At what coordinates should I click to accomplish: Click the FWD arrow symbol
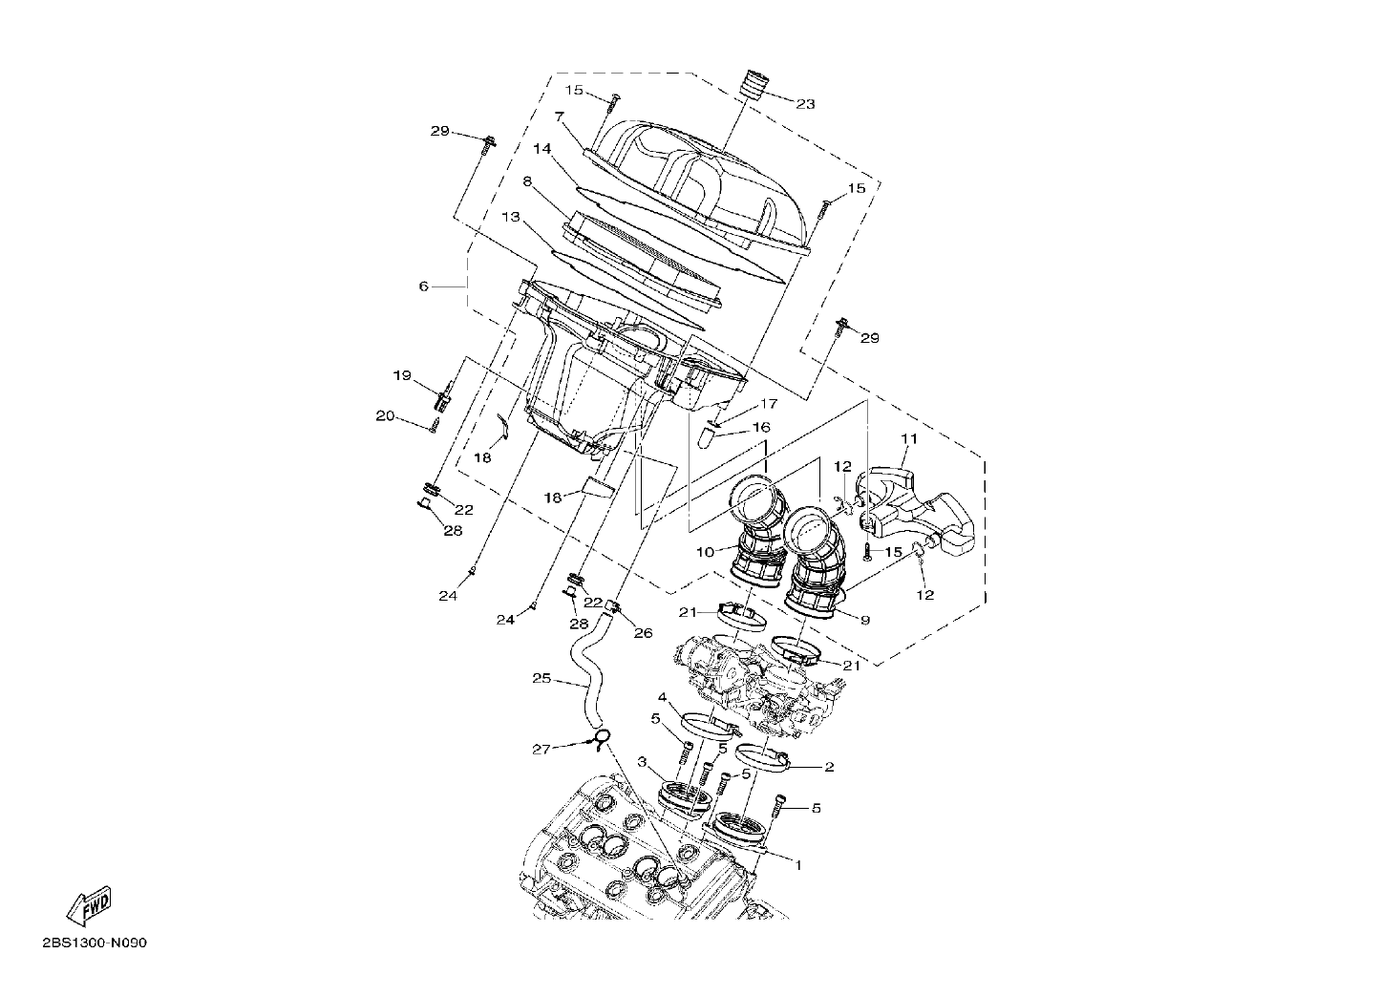90,905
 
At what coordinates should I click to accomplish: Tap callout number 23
805,104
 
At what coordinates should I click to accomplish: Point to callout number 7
560,116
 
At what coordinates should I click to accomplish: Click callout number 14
542,148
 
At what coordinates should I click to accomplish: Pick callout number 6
423,286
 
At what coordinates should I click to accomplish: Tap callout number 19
402,375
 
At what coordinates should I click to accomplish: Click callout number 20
385,415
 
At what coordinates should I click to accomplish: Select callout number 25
541,678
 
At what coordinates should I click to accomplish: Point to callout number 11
909,438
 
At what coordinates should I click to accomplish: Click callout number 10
705,552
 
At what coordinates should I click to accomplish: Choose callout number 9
865,621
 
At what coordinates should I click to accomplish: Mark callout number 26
643,633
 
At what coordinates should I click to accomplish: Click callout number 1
798,865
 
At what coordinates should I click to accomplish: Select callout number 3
642,763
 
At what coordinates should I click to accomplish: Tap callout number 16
761,427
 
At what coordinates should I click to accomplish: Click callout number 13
511,217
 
